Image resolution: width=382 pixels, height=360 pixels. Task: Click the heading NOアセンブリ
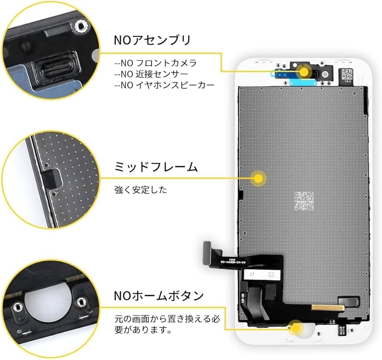(152, 40)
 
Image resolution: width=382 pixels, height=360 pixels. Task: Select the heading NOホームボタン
(159, 296)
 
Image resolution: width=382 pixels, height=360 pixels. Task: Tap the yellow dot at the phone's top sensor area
(304, 71)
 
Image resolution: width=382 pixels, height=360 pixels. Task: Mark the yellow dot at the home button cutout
(296, 328)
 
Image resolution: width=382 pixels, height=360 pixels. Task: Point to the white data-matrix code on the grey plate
(304, 201)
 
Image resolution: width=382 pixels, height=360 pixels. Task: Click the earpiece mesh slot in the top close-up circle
(52, 69)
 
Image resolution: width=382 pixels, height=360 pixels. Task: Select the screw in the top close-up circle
(80, 26)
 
